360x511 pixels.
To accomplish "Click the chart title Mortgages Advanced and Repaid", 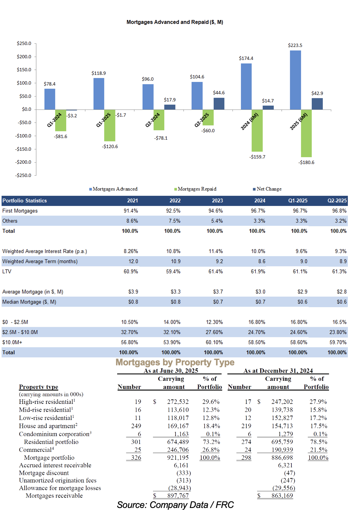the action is click(175, 22).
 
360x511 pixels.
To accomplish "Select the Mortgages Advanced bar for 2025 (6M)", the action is click(295, 80).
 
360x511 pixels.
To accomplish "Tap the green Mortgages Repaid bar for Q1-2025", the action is click(110, 125).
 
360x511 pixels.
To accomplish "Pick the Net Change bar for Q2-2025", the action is click(219, 104).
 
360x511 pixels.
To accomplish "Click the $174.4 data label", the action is click(246, 58).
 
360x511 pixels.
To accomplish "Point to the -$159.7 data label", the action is click(257, 157).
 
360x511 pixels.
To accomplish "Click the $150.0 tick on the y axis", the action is click(24, 70).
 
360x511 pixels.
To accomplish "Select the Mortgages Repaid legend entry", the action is click(195, 189).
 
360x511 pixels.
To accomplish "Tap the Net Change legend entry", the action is click(267, 189).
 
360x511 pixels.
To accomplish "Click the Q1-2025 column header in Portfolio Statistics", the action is click(298, 201).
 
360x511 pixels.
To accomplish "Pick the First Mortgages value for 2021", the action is click(131, 211).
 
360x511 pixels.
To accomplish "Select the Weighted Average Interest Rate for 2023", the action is click(216, 251).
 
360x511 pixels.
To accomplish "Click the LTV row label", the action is click(7, 272).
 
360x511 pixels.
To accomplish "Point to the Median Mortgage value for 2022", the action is click(175, 302).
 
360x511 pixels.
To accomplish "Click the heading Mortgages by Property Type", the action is click(175, 362).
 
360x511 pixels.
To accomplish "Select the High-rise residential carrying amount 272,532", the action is click(178, 401).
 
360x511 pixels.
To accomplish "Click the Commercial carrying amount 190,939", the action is click(282, 450).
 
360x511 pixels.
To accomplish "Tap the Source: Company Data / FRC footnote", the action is click(175, 505).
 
